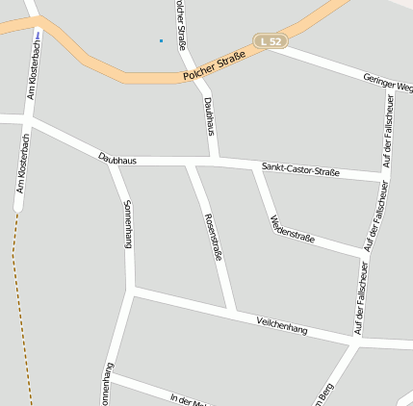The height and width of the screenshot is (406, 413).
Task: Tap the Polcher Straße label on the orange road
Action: click(215, 65)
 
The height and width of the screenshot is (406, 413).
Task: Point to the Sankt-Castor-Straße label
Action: click(300, 171)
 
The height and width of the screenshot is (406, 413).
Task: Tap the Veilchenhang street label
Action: click(282, 324)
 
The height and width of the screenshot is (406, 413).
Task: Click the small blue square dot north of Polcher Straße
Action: click(161, 40)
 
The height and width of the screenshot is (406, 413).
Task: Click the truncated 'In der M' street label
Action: click(189, 399)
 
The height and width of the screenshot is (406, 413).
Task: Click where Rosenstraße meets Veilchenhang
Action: click(231, 311)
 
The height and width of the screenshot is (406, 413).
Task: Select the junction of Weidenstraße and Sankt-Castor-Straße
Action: click(257, 167)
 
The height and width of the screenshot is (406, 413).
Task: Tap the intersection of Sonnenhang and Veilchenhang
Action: click(132, 290)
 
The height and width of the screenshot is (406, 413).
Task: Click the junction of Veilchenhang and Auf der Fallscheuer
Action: click(356, 341)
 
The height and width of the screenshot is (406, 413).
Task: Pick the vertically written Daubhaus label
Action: click(211, 116)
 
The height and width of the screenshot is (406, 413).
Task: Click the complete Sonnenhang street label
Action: click(127, 224)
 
